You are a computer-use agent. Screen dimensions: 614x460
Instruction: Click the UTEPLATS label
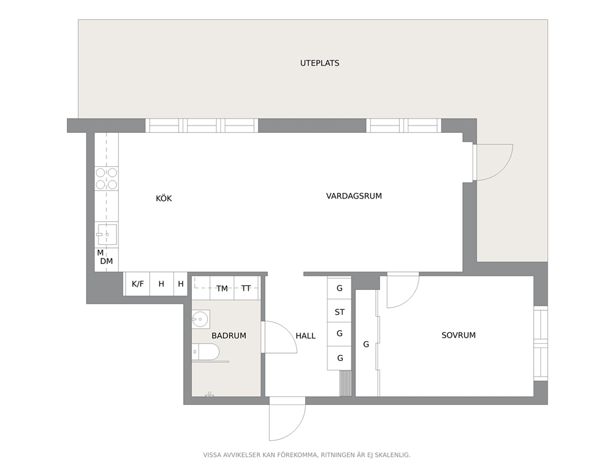pyautogui.click(x=319, y=63)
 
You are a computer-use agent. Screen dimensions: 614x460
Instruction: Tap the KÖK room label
pyautogui.click(x=163, y=198)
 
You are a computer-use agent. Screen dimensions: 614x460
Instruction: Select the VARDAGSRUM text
pyautogui.click(x=353, y=196)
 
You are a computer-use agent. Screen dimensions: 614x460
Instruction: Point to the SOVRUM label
pyautogui.click(x=459, y=335)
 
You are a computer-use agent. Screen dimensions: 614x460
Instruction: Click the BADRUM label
pyautogui.click(x=228, y=336)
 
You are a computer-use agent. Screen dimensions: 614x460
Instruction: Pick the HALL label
pyautogui.click(x=305, y=336)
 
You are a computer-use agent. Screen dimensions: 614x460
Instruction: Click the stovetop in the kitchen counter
pyautogui.click(x=106, y=178)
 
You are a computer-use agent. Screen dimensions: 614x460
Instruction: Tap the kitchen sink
pyautogui.click(x=106, y=235)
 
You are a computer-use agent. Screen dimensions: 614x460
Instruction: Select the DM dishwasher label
pyautogui.click(x=106, y=262)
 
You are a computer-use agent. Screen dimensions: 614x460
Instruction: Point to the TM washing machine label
pyautogui.click(x=222, y=289)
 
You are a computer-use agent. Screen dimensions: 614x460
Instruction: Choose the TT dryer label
pyautogui.click(x=246, y=288)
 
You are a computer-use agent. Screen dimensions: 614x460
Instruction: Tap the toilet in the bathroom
pyautogui.click(x=205, y=352)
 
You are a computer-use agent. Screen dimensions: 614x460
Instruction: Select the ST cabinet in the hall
pyautogui.click(x=340, y=312)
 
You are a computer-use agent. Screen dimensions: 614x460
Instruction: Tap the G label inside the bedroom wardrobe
pyautogui.click(x=366, y=344)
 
